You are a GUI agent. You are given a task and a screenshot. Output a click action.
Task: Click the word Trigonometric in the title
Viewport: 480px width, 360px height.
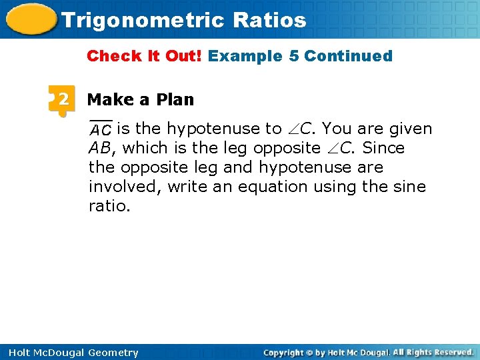tap(143, 20)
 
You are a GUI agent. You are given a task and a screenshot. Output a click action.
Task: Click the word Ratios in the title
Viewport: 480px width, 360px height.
tap(270, 20)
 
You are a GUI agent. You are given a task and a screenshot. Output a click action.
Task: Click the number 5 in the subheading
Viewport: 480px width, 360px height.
tap(293, 56)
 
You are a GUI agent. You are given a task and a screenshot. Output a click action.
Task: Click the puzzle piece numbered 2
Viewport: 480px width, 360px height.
tap(61, 100)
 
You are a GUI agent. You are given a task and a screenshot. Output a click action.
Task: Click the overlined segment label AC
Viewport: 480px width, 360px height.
tap(101, 129)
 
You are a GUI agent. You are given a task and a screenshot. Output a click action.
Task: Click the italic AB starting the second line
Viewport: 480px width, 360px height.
tap(100, 147)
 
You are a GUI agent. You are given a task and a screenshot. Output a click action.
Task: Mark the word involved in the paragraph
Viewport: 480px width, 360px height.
tap(125, 186)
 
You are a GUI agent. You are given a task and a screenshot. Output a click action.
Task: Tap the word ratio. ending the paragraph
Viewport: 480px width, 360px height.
tap(109, 205)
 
